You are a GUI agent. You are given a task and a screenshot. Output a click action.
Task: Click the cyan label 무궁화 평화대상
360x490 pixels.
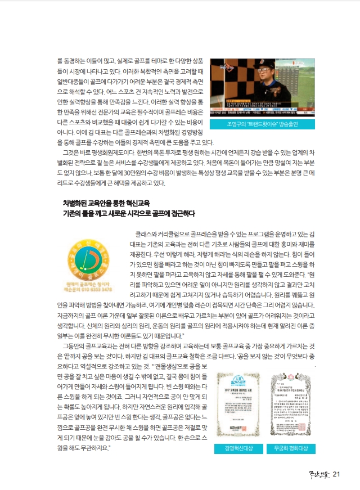pyautogui.click(x=291, y=449)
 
